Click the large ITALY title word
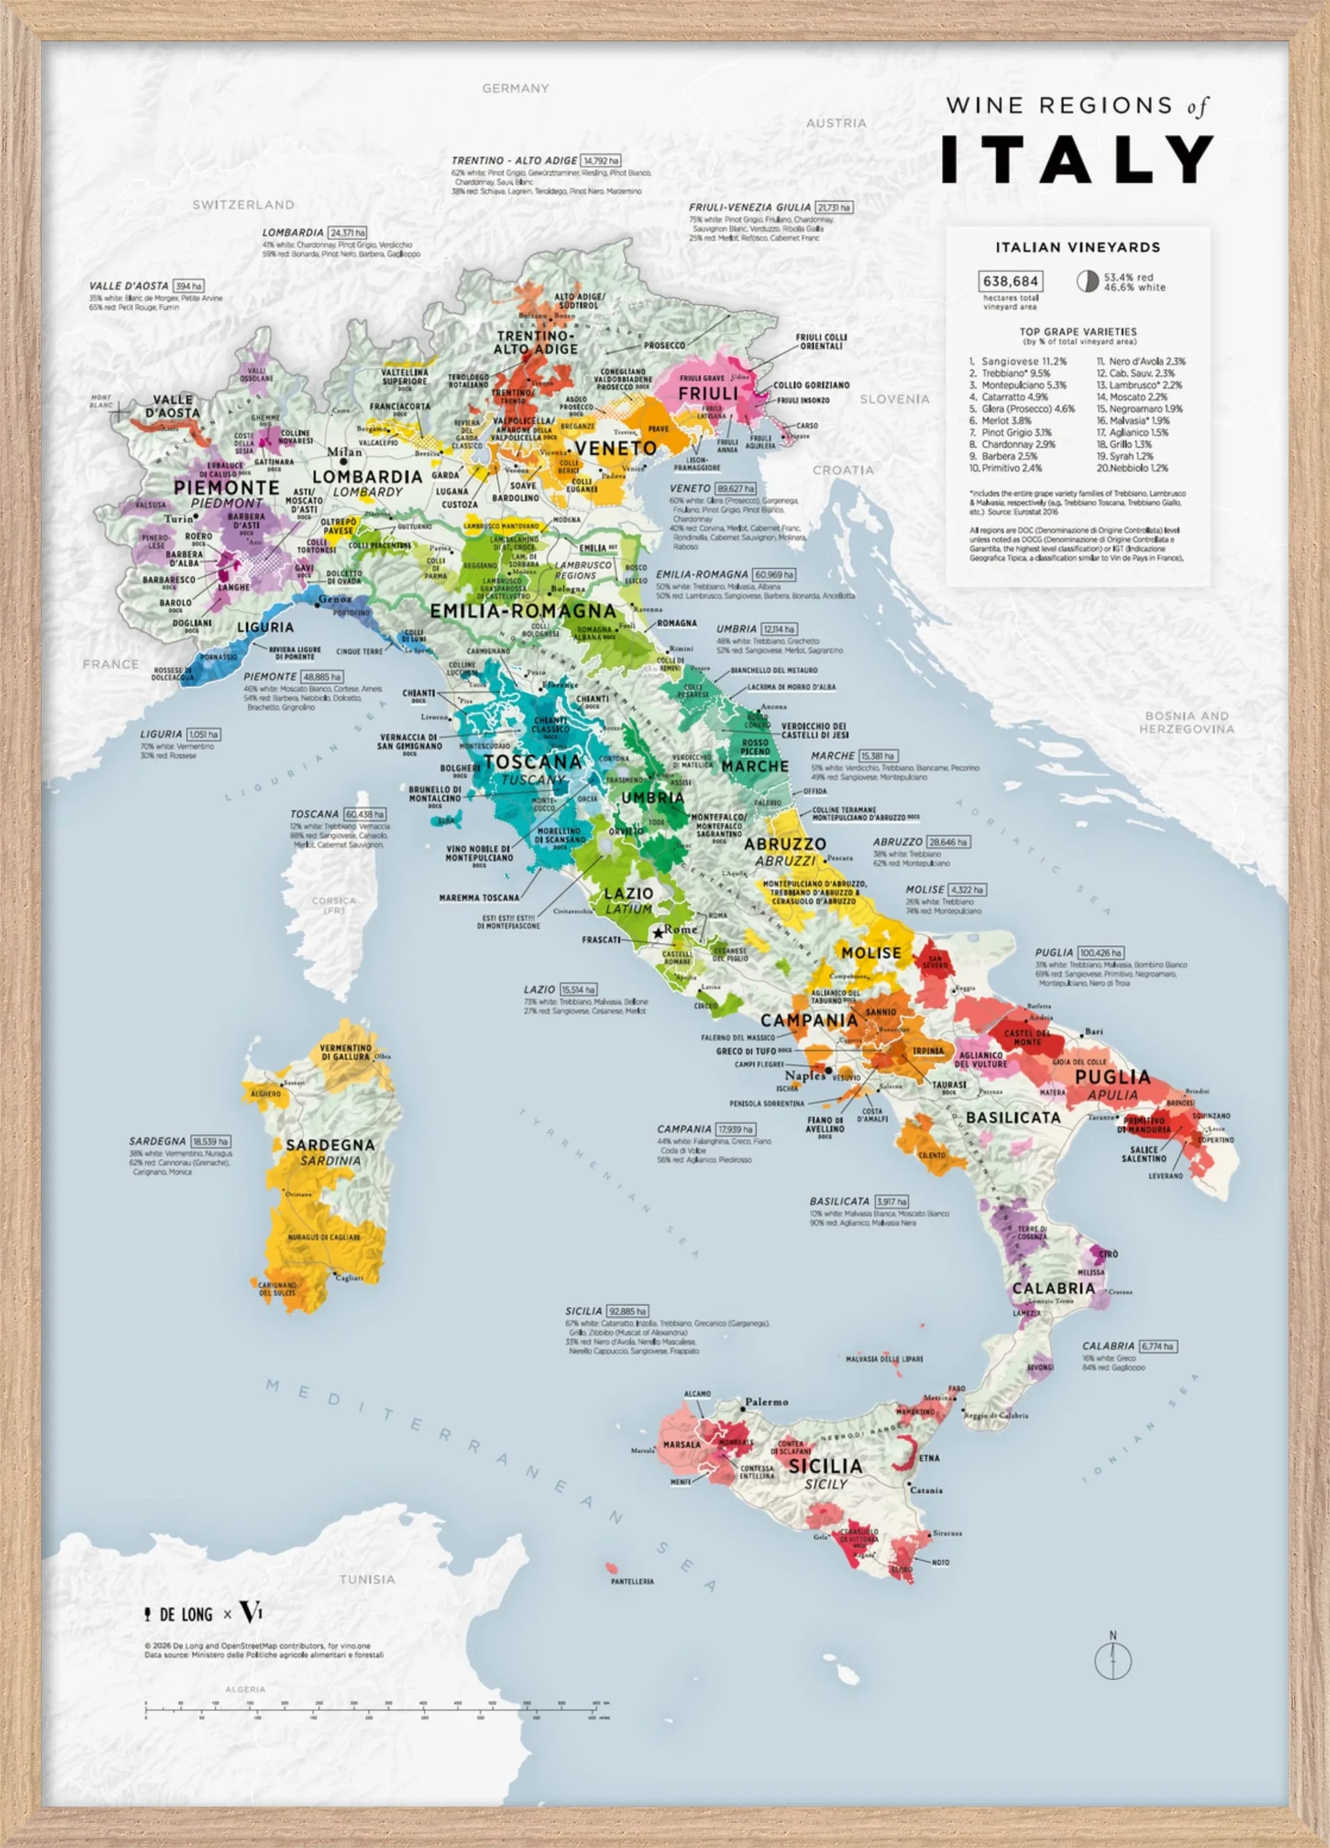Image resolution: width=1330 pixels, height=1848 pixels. click(x=1077, y=160)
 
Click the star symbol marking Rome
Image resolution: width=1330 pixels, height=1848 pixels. click(x=658, y=932)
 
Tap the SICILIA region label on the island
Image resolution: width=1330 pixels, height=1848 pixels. click(x=825, y=1466)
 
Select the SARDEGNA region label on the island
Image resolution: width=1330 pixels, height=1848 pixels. click(x=330, y=1145)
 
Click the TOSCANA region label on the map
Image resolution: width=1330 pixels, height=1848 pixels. click(x=533, y=762)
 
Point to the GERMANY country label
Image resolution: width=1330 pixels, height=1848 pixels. click(x=515, y=88)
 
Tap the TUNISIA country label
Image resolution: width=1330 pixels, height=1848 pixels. click(x=366, y=1579)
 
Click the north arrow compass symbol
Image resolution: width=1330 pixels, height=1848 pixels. click(x=1113, y=1660)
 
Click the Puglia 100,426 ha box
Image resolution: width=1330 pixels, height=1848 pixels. click(x=1100, y=952)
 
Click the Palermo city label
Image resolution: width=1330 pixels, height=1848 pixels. click(x=766, y=1402)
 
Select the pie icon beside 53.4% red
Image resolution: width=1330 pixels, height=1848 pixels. click(x=1087, y=281)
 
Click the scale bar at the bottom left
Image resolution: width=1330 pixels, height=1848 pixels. click(x=375, y=1706)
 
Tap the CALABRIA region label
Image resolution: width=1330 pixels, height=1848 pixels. click(x=1053, y=1288)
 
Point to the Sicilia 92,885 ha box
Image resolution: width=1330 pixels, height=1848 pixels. click(x=628, y=1311)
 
